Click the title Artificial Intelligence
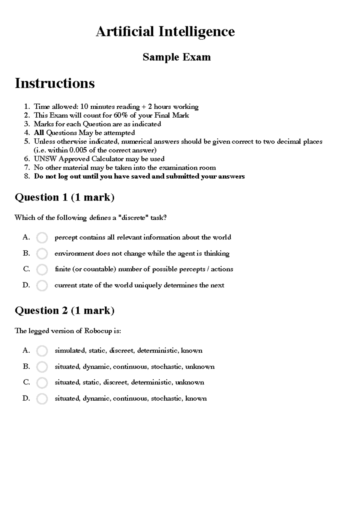point(165,32)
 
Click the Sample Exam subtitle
point(176,57)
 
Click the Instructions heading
point(55,83)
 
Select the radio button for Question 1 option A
point(42,238)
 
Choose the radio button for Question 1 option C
point(42,270)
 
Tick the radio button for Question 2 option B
point(42,367)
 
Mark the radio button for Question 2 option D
point(42,399)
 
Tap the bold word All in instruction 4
point(39,133)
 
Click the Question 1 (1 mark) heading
point(64,197)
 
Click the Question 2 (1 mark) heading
point(64,311)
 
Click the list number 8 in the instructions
point(27,176)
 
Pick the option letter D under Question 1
point(26,285)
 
